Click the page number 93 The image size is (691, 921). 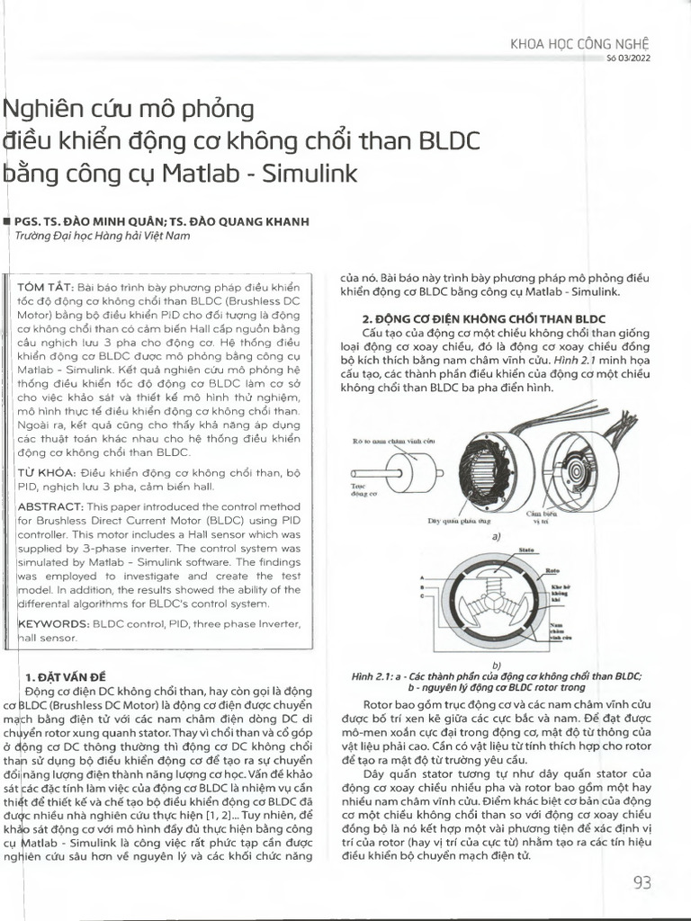642,882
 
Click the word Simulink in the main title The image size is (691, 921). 310,173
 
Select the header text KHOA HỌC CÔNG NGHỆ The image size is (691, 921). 579,43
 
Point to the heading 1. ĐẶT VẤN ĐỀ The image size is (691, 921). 66,675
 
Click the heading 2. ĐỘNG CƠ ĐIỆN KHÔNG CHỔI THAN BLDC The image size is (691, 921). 483,319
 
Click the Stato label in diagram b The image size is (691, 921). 527,550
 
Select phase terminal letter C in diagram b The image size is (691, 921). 422,596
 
